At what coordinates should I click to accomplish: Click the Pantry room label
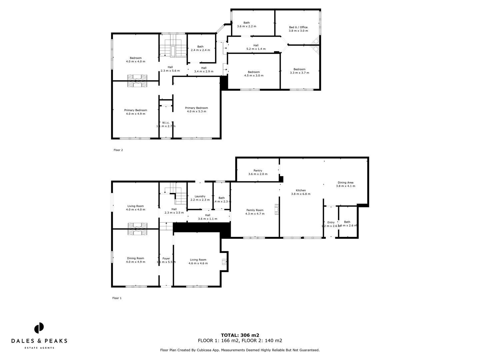[258, 171]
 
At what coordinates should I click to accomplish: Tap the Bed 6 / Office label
[298, 27]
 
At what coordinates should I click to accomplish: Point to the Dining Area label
[345, 182]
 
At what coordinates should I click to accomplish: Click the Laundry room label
[200, 196]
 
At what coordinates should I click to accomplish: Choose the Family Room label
[255, 210]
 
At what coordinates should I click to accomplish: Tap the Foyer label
[166, 258]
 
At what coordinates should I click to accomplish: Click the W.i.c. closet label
[166, 123]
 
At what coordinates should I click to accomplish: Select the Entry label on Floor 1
[331, 222]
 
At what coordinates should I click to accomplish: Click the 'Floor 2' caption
[118, 150]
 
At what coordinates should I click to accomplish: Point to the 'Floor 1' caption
[117, 298]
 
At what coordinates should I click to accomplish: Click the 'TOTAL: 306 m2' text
[240, 335]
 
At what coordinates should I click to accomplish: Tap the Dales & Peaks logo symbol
[39, 328]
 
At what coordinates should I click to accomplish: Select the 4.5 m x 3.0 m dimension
[254, 76]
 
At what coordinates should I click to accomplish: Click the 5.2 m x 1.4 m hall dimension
[256, 49]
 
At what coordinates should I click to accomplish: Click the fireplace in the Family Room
[276, 210]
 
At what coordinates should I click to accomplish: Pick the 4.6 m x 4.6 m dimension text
[198, 263]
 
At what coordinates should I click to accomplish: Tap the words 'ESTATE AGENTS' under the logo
[39, 348]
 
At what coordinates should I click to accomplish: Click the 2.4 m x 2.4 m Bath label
[200, 50]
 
